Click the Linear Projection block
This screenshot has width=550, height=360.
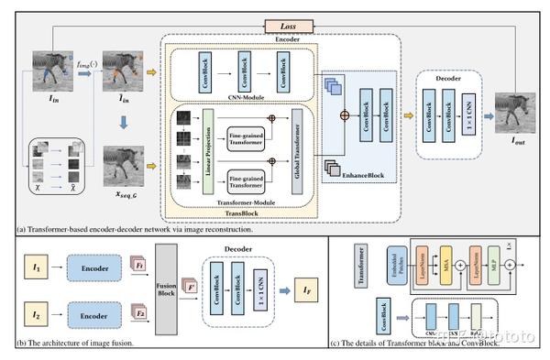point(209,147)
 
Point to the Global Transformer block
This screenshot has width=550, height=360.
point(296,147)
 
